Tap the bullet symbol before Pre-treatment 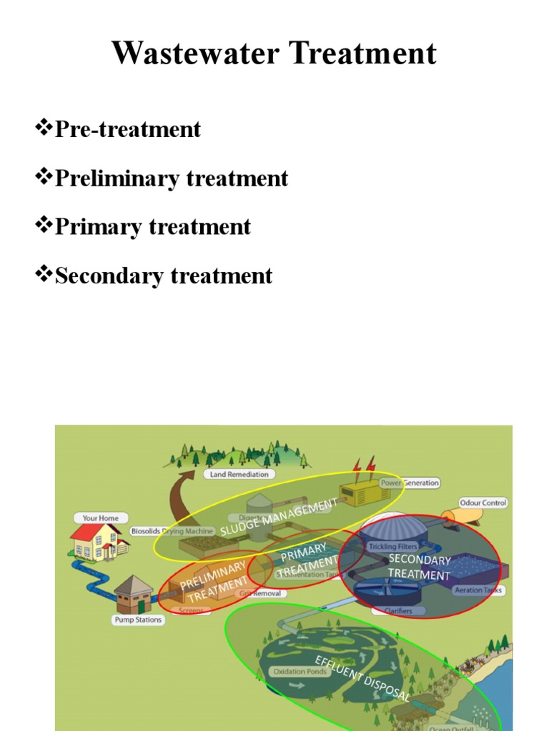point(44,128)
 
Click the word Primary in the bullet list point(99,226)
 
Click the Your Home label point(100,518)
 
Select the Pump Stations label point(138,620)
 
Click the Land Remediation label point(239,474)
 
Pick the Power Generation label point(410,483)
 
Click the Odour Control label point(483,503)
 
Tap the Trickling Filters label point(392,547)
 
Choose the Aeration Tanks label point(478,590)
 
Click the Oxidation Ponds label point(300,672)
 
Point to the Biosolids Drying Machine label point(172,531)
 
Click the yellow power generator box point(362,492)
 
